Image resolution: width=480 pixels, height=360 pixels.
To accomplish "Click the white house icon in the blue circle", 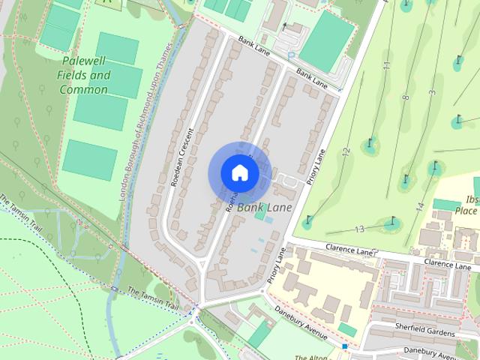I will (239, 172).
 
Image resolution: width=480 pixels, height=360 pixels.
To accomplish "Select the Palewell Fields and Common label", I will (84, 75).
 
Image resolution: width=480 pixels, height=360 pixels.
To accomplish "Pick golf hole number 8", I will (406, 97).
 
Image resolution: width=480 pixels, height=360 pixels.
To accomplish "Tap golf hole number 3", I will (432, 92).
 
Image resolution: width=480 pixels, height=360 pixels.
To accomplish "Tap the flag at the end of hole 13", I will (392, 220).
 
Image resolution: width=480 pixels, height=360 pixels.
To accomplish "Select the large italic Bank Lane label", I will (265, 207).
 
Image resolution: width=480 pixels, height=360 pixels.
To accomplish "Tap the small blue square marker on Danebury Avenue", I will (345, 346).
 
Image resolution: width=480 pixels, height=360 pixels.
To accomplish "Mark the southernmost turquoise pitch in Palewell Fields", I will (90, 158).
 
